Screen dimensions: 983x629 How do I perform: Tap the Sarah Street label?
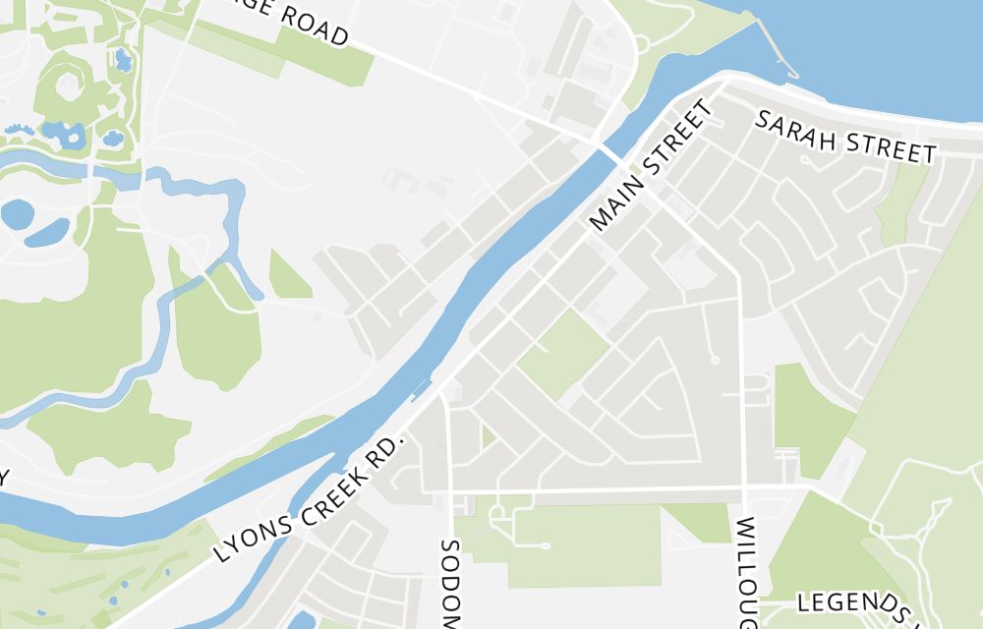click(x=844, y=138)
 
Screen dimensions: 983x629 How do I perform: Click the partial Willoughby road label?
click(x=744, y=570)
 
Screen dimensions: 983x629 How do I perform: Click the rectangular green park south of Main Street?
click(x=562, y=353)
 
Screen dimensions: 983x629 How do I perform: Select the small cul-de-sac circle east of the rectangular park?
click(x=715, y=360)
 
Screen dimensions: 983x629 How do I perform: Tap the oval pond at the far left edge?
click(x=17, y=213)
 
